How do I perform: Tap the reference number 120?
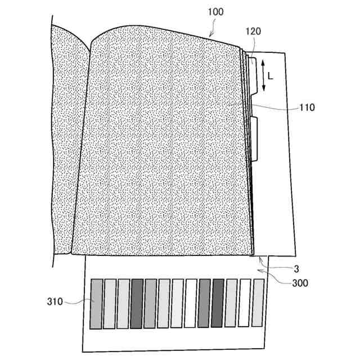coord(254,33)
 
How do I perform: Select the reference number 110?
coord(308,106)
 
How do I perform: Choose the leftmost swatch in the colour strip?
coord(96,304)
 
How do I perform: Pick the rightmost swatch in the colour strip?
coord(258,303)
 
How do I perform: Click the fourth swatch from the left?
coord(137,304)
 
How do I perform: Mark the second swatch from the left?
coord(110,304)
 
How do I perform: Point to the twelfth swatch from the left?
coord(244,303)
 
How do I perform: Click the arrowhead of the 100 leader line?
coord(210,36)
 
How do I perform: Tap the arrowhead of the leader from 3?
coord(258,258)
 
